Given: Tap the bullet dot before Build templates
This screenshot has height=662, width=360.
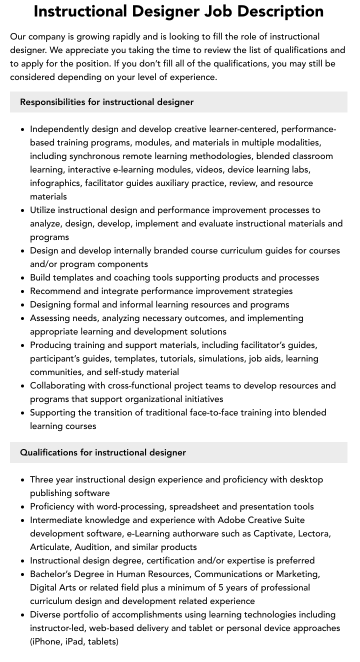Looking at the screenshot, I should click(23, 277).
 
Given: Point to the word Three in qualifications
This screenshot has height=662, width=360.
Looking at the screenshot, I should click(41, 479).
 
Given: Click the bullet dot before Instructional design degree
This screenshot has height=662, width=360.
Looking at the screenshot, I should click(23, 560).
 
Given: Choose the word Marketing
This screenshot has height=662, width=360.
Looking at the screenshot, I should click(296, 574).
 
